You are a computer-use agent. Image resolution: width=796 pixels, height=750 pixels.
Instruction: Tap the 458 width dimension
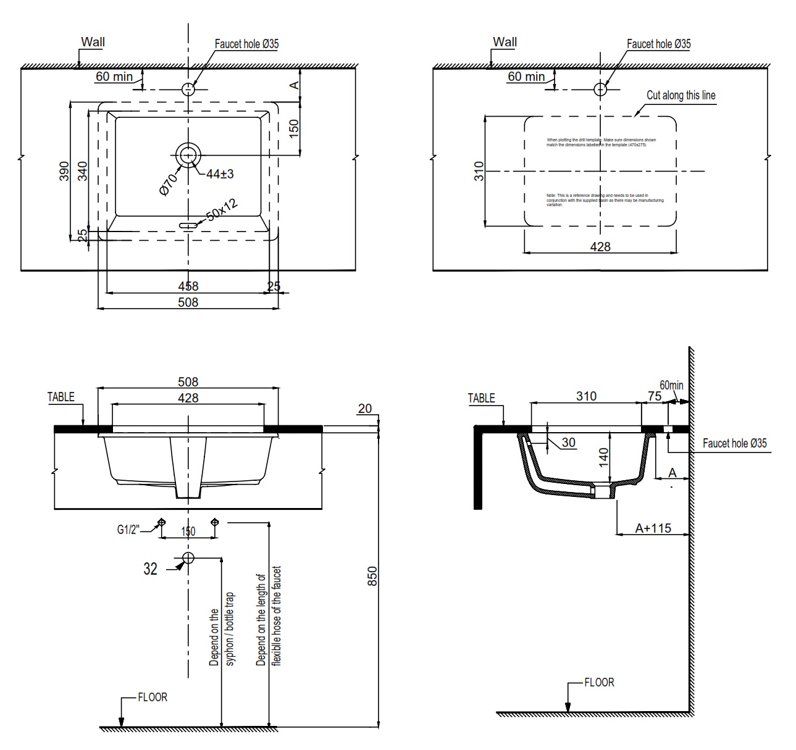point(188,286)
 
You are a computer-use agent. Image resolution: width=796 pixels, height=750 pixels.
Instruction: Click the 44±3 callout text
point(219,174)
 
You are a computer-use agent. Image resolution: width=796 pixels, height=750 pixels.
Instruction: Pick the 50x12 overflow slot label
point(221,210)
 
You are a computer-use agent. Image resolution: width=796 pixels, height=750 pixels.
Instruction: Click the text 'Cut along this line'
point(681,95)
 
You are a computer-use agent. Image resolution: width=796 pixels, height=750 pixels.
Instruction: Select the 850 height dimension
point(372,576)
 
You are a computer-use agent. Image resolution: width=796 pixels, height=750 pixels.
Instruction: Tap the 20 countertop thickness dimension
point(365,408)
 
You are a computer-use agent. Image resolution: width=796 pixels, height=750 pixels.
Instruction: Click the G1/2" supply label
point(129,529)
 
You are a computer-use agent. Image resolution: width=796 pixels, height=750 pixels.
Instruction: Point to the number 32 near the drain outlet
point(150,569)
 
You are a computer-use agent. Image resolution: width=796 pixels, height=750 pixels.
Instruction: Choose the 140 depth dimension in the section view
point(604,456)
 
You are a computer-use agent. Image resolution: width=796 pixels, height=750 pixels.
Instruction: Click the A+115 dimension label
point(653,528)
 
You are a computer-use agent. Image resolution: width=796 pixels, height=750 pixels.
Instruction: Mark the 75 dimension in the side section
point(655,396)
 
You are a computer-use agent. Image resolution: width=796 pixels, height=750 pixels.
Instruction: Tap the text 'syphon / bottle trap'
point(230,628)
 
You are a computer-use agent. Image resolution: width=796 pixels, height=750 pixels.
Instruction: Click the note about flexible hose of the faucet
point(269,616)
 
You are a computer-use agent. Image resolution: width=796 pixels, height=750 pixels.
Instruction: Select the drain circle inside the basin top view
point(188,155)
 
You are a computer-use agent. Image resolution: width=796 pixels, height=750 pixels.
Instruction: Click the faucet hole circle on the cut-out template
point(600,90)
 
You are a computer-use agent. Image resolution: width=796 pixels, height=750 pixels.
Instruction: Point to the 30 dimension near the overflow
point(568,442)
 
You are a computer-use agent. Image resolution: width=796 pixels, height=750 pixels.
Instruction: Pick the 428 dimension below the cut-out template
point(600,246)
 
